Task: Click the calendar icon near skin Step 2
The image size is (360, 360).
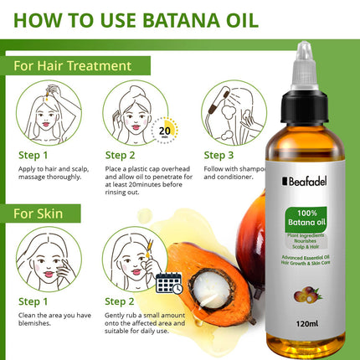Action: [x=169, y=282]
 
